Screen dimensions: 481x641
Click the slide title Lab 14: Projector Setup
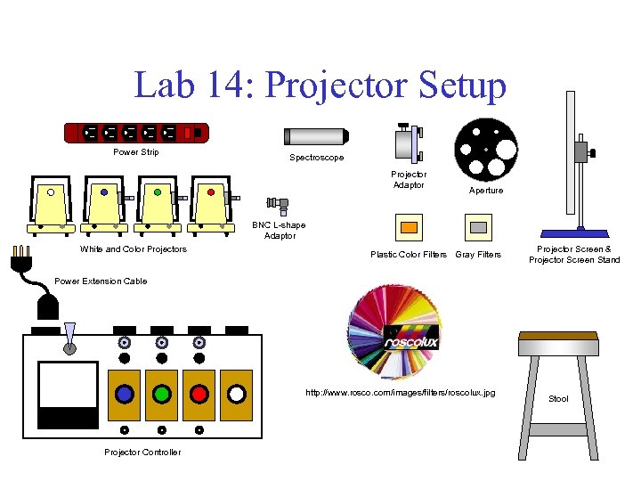pos(320,86)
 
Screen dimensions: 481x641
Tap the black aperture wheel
pos(485,148)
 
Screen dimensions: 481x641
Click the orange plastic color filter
pos(409,227)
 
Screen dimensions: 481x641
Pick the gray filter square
pos(479,227)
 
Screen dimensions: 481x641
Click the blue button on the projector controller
pos(125,393)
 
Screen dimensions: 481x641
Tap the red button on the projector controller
pos(199,393)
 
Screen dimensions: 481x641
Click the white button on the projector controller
pos(237,393)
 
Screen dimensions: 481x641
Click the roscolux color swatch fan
pos(395,334)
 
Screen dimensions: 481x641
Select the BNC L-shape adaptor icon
pos(279,206)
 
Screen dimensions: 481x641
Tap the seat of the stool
pos(557,336)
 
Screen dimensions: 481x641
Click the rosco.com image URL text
pos(400,393)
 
